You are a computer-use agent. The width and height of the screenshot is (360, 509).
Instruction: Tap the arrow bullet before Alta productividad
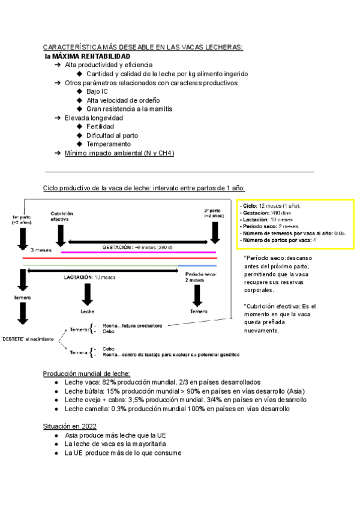(58, 65)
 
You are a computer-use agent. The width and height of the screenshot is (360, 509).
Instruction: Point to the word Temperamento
(109, 144)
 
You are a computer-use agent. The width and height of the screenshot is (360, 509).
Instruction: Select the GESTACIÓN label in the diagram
(120, 247)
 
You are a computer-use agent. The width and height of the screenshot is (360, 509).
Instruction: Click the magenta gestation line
(138, 253)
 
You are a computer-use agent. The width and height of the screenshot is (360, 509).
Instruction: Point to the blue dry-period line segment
(197, 265)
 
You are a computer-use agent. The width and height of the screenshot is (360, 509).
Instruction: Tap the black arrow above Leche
(88, 294)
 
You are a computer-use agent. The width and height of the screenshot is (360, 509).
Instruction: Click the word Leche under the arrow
(88, 312)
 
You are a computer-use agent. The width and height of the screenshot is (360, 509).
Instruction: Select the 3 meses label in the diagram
(41, 248)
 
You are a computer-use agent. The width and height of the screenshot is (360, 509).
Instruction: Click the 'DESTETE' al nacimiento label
(26, 340)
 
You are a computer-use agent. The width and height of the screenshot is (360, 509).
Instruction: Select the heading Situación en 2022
(70, 426)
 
